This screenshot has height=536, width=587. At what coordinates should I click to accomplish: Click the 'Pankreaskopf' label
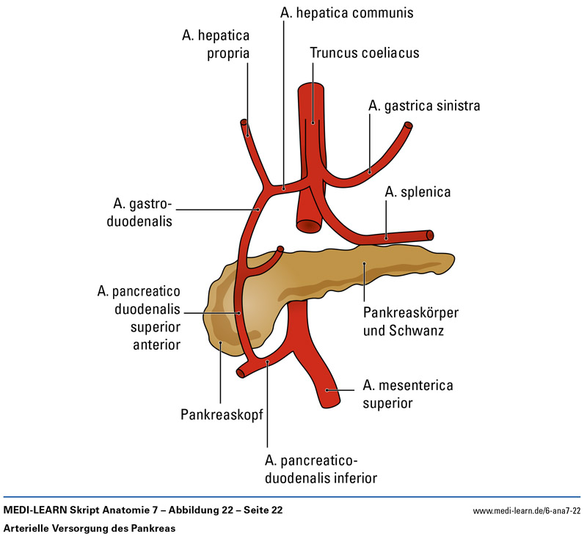point(222,416)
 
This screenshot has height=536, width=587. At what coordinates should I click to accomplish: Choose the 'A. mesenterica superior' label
point(408,394)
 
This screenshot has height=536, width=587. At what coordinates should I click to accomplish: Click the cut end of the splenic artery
point(430,235)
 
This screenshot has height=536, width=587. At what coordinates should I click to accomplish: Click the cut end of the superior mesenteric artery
point(338,394)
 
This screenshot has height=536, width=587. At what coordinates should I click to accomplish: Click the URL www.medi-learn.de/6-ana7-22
point(526,510)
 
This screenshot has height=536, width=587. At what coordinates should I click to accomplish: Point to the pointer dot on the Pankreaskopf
point(219,342)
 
